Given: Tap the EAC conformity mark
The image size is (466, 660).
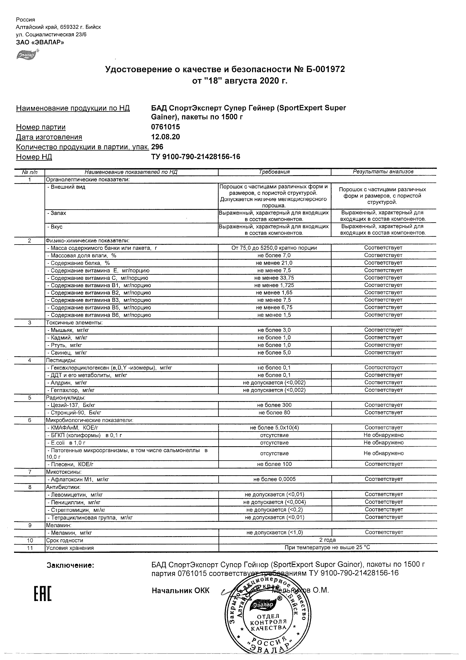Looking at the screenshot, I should (x=43, y=591).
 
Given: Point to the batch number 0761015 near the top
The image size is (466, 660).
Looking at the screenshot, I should (x=165, y=127).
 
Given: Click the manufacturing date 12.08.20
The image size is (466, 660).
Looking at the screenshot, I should (x=165, y=137).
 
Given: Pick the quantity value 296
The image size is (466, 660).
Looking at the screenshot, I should (x=157, y=147).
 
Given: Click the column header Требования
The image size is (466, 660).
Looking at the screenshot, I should (x=274, y=172).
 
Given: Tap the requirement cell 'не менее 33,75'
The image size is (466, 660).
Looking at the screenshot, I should (x=274, y=278).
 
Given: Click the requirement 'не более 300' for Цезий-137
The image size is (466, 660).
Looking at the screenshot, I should (x=274, y=405).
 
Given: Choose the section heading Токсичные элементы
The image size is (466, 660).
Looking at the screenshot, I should (x=74, y=323).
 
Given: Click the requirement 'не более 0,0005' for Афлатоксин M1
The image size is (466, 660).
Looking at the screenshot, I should (x=274, y=479).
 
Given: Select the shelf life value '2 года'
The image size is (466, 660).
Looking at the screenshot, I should (x=327, y=540).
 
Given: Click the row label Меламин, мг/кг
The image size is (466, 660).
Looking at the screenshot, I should (x=70, y=533).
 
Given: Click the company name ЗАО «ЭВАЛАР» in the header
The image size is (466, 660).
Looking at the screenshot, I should (x=40, y=43).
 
